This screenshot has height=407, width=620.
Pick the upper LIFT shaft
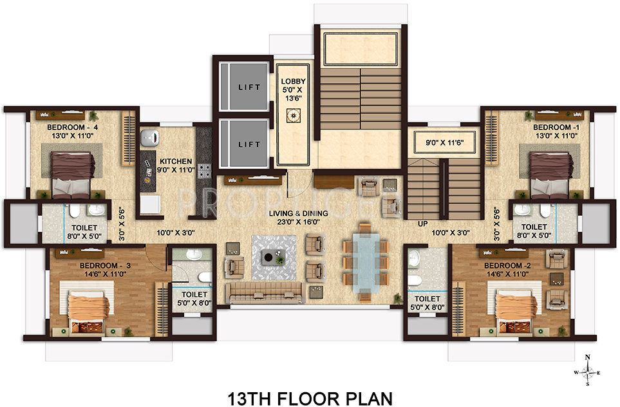(x=242, y=86)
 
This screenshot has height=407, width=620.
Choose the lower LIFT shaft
(x=242, y=144)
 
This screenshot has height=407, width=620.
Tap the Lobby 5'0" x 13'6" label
(x=293, y=90)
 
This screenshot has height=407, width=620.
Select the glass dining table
(x=365, y=266)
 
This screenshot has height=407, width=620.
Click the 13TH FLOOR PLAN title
(x=310, y=397)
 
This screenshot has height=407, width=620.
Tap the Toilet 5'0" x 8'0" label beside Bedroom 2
(x=427, y=303)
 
